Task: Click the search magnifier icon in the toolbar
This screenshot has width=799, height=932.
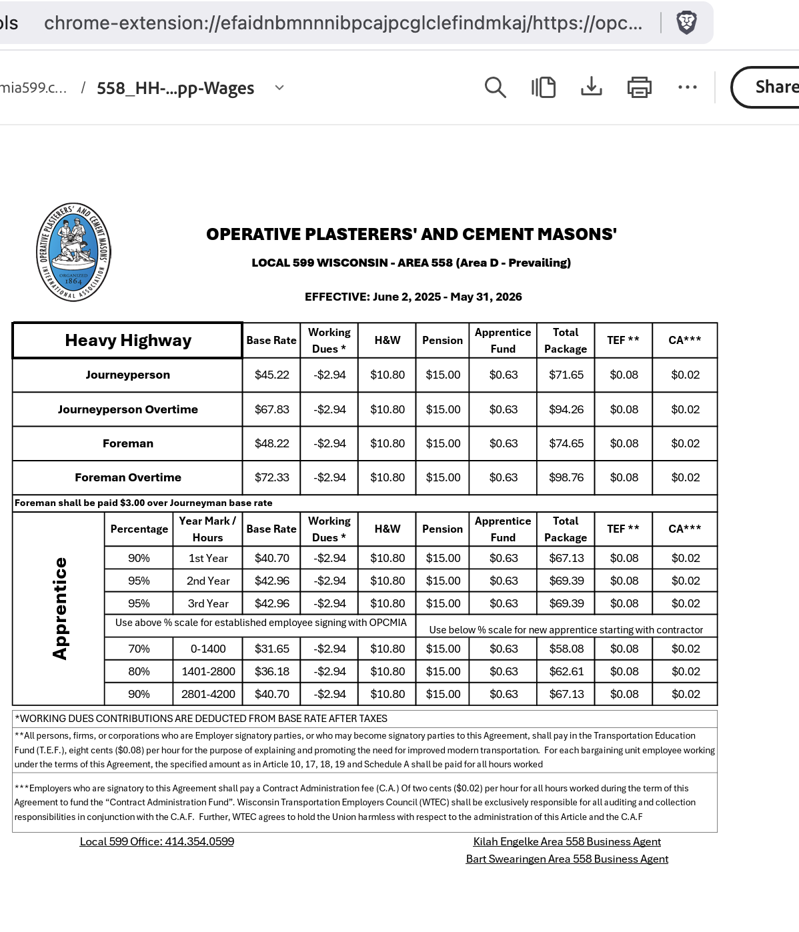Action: point(495,87)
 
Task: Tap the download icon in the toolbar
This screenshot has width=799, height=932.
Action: point(591,87)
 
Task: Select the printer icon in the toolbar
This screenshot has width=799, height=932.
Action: point(639,87)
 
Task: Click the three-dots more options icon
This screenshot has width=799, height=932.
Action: point(687,87)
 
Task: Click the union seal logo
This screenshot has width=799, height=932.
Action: point(73,252)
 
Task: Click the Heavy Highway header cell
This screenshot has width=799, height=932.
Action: point(127,341)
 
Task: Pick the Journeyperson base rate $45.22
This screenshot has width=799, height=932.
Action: point(271,375)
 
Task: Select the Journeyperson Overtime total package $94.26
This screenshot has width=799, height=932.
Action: point(566,409)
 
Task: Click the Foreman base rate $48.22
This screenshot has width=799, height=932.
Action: point(271,443)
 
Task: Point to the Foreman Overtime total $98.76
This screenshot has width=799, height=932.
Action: point(566,477)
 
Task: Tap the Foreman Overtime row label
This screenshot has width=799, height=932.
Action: point(127,477)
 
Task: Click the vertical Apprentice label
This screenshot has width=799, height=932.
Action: point(60,609)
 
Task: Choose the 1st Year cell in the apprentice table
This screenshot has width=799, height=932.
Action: point(207,559)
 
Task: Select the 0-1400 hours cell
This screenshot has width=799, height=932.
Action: point(207,649)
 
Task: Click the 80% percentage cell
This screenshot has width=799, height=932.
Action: point(139,671)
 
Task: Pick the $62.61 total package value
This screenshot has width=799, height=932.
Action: point(566,671)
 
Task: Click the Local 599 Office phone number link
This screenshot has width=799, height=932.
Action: point(157,842)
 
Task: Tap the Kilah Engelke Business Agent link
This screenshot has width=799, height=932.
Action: point(566,842)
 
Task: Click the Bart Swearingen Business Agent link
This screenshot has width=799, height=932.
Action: point(566,859)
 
